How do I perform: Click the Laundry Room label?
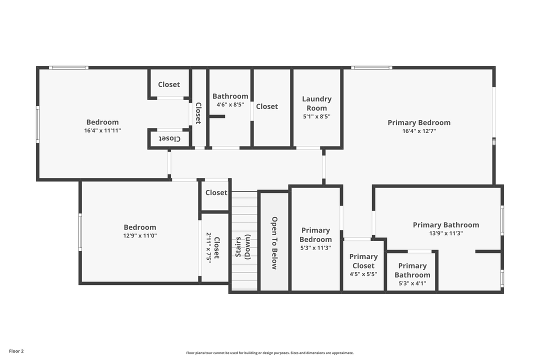[x=316, y=103]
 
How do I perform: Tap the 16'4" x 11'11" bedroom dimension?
[x=102, y=130]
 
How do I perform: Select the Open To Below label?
[x=274, y=243]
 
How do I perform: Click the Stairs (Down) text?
[x=242, y=247]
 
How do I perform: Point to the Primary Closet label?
[x=363, y=261]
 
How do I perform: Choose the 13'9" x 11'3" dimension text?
[x=445, y=233]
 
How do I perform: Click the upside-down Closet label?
[x=169, y=138]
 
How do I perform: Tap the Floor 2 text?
[x=16, y=351]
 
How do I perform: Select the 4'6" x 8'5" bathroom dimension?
[x=230, y=105]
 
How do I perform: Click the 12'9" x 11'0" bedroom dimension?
[x=140, y=235]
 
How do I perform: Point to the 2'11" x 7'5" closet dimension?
[x=208, y=247]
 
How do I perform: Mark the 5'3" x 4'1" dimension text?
[x=412, y=283]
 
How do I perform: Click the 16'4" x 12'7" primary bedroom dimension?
[x=419, y=131]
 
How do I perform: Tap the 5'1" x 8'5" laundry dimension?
[x=316, y=116]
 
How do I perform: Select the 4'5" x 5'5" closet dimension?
[x=363, y=274]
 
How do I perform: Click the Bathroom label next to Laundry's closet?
[x=230, y=96]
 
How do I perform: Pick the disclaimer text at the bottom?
[x=269, y=353]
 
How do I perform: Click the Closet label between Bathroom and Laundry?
[x=267, y=106]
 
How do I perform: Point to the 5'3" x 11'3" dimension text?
[x=315, y=247]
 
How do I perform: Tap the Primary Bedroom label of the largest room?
[x=419, y=122]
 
